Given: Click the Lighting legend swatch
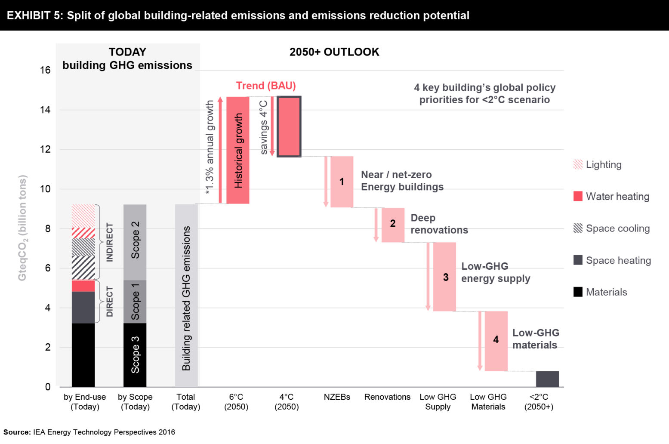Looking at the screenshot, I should (578, 164).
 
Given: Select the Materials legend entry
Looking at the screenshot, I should (606, 292).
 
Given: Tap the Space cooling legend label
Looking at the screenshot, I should (617, 228).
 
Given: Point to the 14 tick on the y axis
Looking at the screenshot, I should (45, 110).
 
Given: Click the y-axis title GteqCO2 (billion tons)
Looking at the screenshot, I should (22, 228).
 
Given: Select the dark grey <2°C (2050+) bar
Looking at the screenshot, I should (547, 379).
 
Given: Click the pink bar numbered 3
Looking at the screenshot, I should (444, 277).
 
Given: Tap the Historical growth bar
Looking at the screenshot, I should (237, 150).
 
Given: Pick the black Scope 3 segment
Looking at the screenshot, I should (135, 355).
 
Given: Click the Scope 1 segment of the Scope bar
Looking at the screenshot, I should (135, 301).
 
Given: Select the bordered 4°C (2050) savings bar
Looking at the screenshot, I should (289, 126).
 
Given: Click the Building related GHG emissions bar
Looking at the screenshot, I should (186, 295).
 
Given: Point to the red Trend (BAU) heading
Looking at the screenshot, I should (266, 86).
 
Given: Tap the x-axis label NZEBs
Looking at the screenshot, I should (337, 397).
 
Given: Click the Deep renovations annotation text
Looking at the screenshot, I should (439, 224).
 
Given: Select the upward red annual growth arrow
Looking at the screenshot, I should (220, 150).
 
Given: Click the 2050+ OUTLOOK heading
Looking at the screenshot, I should (334, 52).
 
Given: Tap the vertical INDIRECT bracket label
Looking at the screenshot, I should (110, 242).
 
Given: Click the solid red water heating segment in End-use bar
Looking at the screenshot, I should (83, 286).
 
